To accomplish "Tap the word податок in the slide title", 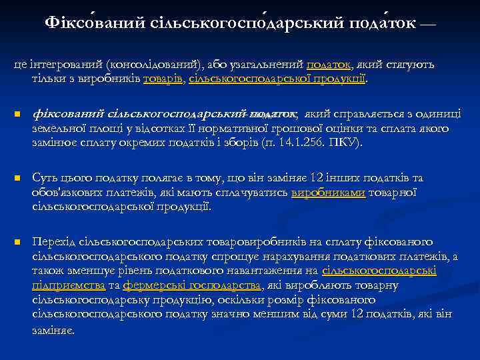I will [x=377, y=23].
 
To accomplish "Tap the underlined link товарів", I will [x=164, y=78].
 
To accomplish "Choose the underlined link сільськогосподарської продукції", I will [x=277, y=78].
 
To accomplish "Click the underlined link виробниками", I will [x=328, y=193].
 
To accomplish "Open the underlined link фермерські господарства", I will [x=192, y=285].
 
